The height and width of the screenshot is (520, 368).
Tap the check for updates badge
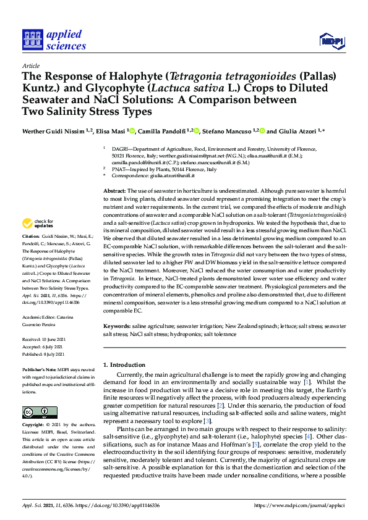click(x=39, y=223)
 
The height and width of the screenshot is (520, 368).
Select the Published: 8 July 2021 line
click(x=43, y=354)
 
